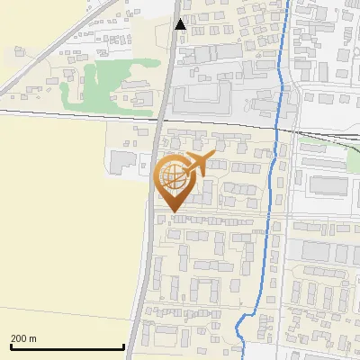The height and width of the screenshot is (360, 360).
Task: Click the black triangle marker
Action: [x=181, y=24]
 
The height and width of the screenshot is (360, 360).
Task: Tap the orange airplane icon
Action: [x=198, y=163]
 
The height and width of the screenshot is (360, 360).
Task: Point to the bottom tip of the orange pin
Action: [x=173, y=211]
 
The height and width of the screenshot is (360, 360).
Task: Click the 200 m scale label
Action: [x=23, y=338]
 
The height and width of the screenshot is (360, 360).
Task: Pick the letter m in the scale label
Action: [x=32, y=338]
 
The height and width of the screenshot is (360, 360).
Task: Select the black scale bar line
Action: [x=67, y=347]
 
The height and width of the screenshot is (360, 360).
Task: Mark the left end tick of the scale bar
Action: [x=11, y=346]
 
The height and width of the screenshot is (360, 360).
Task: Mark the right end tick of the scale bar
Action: [x=123, y=346]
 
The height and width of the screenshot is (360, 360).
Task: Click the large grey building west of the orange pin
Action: [x=123, y=162]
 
